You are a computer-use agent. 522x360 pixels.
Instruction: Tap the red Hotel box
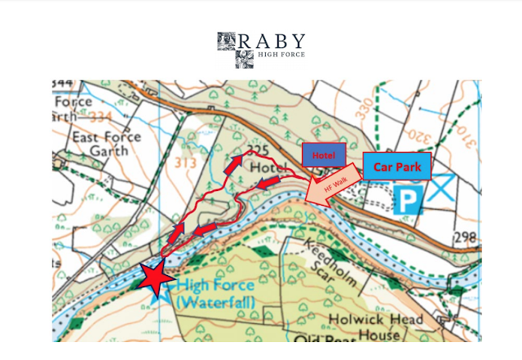tap(324, 155)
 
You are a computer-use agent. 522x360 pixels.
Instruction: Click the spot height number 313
tap(185, 162)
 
